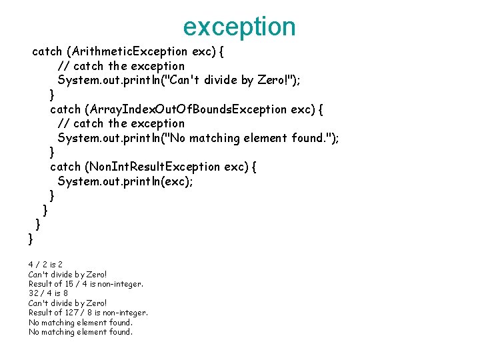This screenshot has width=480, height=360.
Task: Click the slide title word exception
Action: point(239,27)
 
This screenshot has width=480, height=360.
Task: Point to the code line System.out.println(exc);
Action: point(125,181)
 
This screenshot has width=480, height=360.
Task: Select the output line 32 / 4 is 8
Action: point(48,293)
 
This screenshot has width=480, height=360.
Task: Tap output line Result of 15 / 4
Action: point(85,284)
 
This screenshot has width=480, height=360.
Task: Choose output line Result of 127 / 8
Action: point(88,313)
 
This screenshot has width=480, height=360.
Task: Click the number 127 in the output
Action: point(73,313)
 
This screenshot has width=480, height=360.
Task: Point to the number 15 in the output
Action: point(71,284)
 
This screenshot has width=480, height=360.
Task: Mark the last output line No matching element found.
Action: point(81,332)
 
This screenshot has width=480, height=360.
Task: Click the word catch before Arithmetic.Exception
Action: point(47,51)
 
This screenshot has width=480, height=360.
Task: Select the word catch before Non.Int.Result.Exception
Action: point(65,167)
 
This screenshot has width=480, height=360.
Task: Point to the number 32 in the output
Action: point(34,293)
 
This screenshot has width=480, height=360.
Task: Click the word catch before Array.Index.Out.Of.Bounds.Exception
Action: point(65,109)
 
